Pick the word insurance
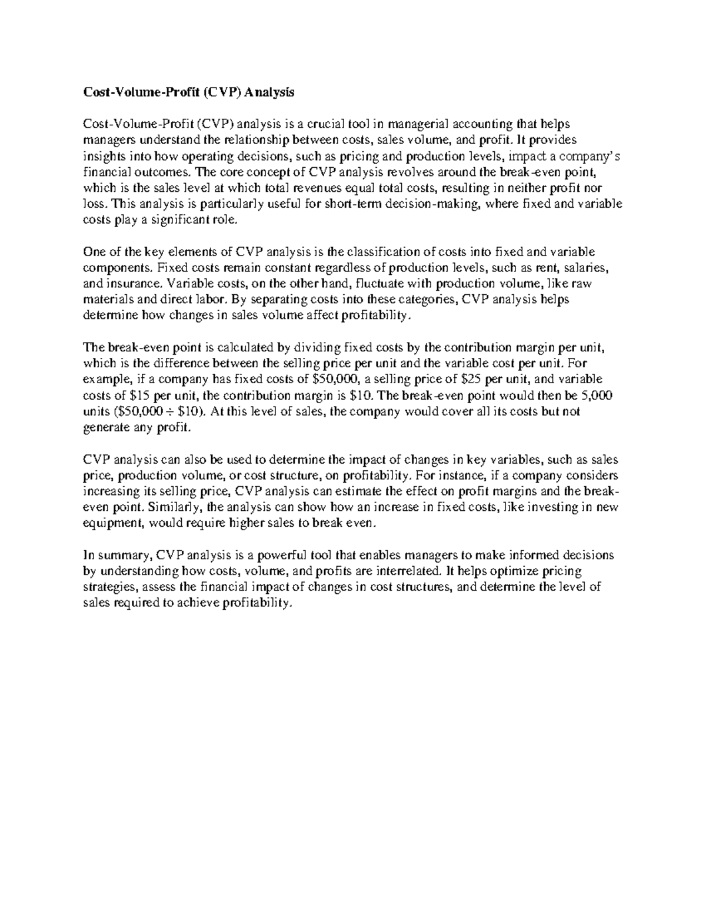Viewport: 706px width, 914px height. tap(131, 284)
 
